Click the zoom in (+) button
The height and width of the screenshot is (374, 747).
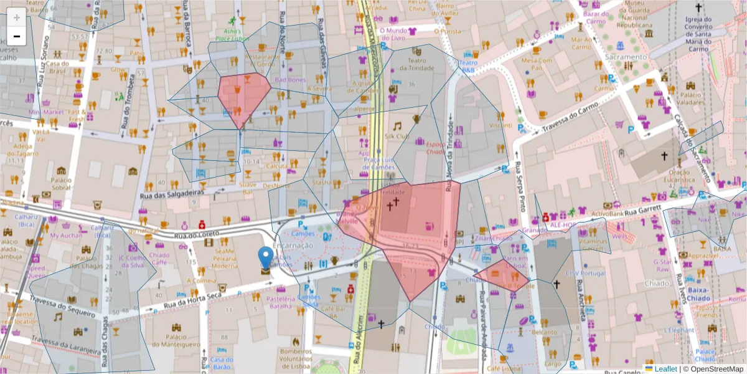pos(16,17)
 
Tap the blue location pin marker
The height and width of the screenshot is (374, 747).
pos(266,257)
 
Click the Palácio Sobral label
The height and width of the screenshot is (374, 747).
pos(61,183)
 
